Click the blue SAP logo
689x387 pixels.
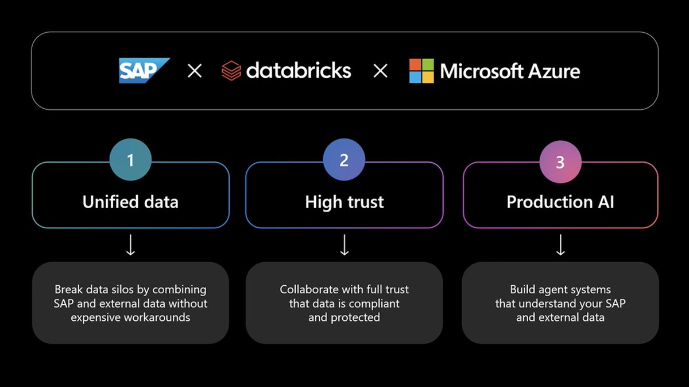coord(144,71)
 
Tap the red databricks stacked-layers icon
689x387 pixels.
coord(231,71)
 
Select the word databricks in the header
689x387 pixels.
coord(299,71)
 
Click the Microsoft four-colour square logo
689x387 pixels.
coord(421,71)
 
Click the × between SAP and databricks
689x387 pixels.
coord(195,71)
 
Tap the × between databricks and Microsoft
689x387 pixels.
coord(380,71)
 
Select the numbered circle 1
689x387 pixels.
coord(130,160)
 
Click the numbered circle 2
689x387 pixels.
coord(344,160)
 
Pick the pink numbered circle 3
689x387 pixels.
coord(560,162)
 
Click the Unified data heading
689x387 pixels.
coord(130,202)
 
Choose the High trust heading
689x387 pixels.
coord(344,202)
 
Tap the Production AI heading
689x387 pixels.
coord(560,202)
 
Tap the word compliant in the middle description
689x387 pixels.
coord(375,303)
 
